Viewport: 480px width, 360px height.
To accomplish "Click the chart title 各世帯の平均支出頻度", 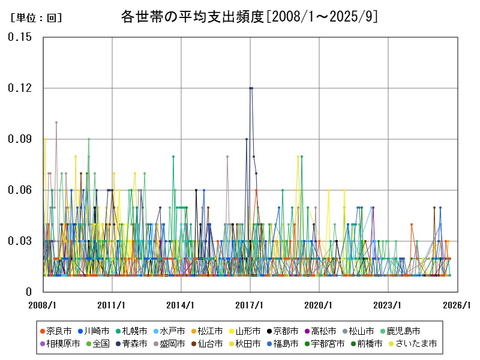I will coord(249,17).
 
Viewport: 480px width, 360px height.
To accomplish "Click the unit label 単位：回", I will coord(36,18).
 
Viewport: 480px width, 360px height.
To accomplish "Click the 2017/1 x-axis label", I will coord(250,305).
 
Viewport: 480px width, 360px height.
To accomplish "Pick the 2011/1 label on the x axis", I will coord(112,305).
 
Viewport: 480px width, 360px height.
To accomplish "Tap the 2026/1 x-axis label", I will coord(457,305).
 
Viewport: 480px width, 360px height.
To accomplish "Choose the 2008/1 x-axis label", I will coord(43,305).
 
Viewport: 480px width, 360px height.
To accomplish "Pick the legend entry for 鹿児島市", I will coord(404,331).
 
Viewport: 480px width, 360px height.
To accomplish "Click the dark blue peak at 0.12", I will coord(251,88).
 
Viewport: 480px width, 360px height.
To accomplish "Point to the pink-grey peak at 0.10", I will coord(56,122).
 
